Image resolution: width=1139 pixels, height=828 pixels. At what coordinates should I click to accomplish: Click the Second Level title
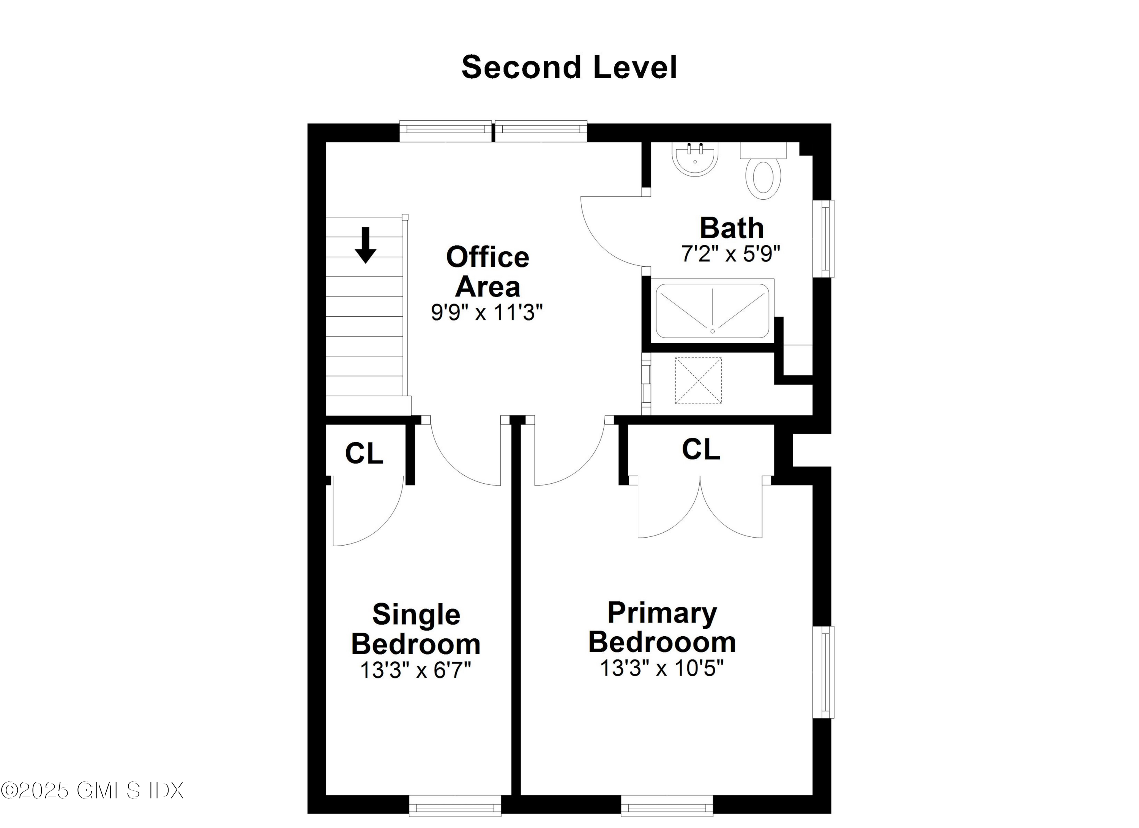pos(569,68)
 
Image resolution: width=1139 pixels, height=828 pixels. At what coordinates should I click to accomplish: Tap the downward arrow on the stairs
pos(366,245)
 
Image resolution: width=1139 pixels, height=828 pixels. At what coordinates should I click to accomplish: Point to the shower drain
pos(712,331)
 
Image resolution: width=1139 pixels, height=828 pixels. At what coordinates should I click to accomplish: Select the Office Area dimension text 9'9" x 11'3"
pos(487,313)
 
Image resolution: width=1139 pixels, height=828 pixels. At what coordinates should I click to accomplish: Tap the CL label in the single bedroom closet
pos(364,453)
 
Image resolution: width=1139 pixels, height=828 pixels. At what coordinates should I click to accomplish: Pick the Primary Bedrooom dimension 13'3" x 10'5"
pos(661,668)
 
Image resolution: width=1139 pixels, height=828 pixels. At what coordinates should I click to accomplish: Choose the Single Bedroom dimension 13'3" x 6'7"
pos(416,670)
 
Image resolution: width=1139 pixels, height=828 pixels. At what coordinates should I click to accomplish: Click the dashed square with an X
pos(698,381)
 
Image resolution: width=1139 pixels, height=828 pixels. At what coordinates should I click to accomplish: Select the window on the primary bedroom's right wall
pos(824,672)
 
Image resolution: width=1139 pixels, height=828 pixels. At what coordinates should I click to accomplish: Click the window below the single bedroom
pos(455,806)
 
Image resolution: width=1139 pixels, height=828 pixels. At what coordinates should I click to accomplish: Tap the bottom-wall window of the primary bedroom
pos(667,806)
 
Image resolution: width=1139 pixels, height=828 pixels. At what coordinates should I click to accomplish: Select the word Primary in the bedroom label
pos(662,613)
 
